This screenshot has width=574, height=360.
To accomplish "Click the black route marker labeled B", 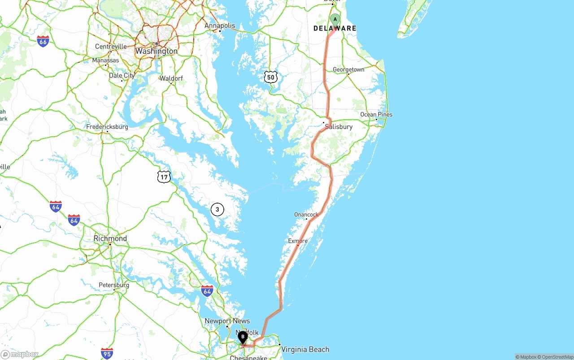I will tap(243, 337).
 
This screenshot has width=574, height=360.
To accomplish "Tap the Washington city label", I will tap(156, 51).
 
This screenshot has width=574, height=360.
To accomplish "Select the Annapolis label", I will tap(220, 26).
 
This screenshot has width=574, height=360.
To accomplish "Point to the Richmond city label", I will tap(110, 239).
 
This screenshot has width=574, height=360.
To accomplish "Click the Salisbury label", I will tap(339, 127).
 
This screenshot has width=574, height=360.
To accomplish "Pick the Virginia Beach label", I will tap(305, 349).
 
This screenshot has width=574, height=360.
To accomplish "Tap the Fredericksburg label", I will tap(107, 127).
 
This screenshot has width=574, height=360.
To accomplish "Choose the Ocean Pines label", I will tap(376, 114).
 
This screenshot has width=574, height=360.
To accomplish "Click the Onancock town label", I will tap(306, 214).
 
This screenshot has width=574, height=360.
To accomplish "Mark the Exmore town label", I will tap(298, 241).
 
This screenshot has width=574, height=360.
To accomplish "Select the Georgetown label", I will tap(348, 69).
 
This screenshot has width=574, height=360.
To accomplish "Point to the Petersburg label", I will tap(114, 285).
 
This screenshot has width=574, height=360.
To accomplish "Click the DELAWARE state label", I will tap(335, 28).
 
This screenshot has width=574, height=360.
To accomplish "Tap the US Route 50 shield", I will tap(270, 77).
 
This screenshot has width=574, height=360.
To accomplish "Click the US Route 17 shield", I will tap(164, 177).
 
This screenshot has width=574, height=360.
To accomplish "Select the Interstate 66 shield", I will tap(43, 41).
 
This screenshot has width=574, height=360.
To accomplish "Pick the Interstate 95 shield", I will tap(107, 353).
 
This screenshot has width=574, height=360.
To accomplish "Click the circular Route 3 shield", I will tap(217, 209).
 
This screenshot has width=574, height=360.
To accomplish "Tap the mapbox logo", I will tap(20, 354).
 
